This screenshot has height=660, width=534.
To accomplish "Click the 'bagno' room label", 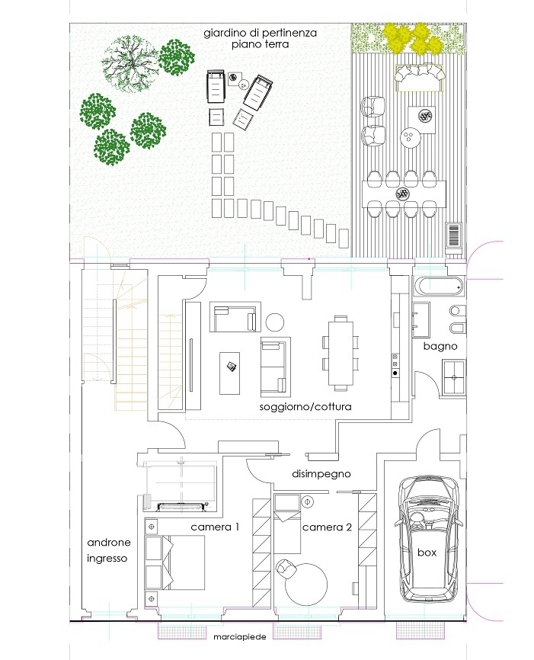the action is click(440, 347).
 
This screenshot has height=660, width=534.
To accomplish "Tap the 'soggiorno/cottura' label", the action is click(305, 407).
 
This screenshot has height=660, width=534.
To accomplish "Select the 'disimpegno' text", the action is click(321, 474).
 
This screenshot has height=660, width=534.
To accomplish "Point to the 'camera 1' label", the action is click(215, 527).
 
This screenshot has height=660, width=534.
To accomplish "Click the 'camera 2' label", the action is click(327, 527).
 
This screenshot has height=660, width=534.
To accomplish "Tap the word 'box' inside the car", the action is click(427, 553).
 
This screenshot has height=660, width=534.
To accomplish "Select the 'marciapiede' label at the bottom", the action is click(240, 637).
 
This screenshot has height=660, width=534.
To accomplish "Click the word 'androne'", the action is click(109, 542).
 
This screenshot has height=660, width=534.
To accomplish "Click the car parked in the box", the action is click(427, 538).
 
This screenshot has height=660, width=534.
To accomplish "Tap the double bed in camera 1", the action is click(174, 562).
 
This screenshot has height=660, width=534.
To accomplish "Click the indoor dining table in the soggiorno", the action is click(341, 353).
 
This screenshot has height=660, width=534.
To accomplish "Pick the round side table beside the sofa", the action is click(275, 322).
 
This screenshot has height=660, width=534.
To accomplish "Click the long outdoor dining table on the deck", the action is click(404, 194).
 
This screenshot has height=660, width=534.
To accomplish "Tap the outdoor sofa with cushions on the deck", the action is click(419, 78).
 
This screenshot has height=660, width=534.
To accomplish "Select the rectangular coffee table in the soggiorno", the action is click(230, 373).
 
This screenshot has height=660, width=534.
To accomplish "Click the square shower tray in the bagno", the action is click(453, 377).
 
